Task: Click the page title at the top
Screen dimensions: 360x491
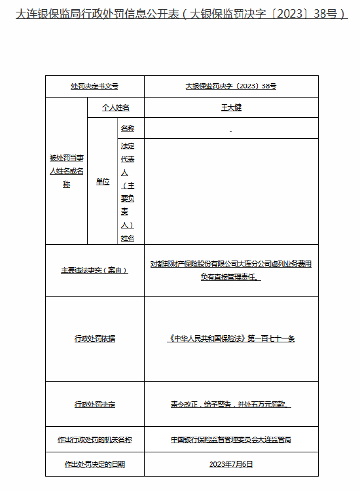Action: click(x=181, y=13)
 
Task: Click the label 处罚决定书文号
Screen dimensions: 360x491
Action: click(x=94, y=86)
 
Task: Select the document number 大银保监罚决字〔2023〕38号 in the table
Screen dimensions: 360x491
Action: click(x=231, y=86)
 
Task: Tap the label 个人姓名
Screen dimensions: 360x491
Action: click(x=115, y=107)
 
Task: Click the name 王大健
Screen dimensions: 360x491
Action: click(x=231, y=107)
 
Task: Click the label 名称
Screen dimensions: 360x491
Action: click(x=127, y=128)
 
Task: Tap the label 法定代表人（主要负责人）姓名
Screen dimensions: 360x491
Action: click(x=127, y=192)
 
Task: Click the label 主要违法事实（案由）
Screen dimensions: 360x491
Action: click(x=94, y=270)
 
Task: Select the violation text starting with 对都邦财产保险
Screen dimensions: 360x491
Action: click(x=231, y=270)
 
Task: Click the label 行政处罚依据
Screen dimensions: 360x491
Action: click(x=94, y=338)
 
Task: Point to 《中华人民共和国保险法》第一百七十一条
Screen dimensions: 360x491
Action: click(x=231, y=338)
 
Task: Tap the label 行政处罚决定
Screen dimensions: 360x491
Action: click(x=94, y=405)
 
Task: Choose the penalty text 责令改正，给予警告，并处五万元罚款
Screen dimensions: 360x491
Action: click(x=231, y=405)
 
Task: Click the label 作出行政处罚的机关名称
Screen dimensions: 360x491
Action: click(x=94, y=440)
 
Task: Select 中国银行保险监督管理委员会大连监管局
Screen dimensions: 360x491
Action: click(x=231, y=440)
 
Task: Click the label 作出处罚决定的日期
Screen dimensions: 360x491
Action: click(x=94, y=464)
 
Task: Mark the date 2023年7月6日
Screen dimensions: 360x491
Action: click(x=231, y=464)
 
